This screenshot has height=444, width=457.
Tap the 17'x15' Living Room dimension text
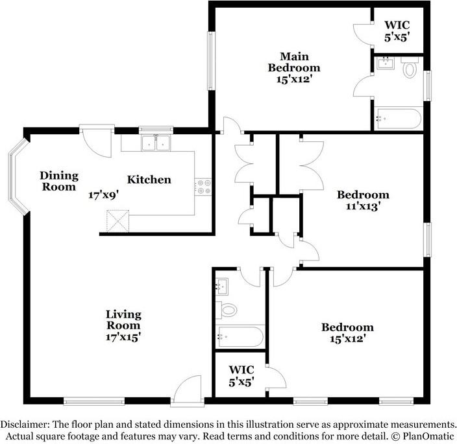point(123,337)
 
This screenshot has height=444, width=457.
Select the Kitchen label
point(149,180)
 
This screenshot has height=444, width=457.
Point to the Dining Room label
point(59,181)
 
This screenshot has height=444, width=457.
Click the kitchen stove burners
point(203,187)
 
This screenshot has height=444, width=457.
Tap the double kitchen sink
point(156,143)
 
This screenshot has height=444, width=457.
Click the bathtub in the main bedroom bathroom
point(398,119)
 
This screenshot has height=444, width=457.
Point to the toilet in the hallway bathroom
point(226,310)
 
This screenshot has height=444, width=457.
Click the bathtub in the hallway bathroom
point(240,337)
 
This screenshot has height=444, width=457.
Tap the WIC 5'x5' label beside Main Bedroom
point(397,31)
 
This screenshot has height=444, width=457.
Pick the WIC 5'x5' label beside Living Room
point(241,376)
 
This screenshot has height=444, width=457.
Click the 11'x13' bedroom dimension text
point(363,206)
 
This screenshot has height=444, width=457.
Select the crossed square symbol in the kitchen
point(117,221)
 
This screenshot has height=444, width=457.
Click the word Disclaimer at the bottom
point(25,424)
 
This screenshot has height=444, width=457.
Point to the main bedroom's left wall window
point(211,60)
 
